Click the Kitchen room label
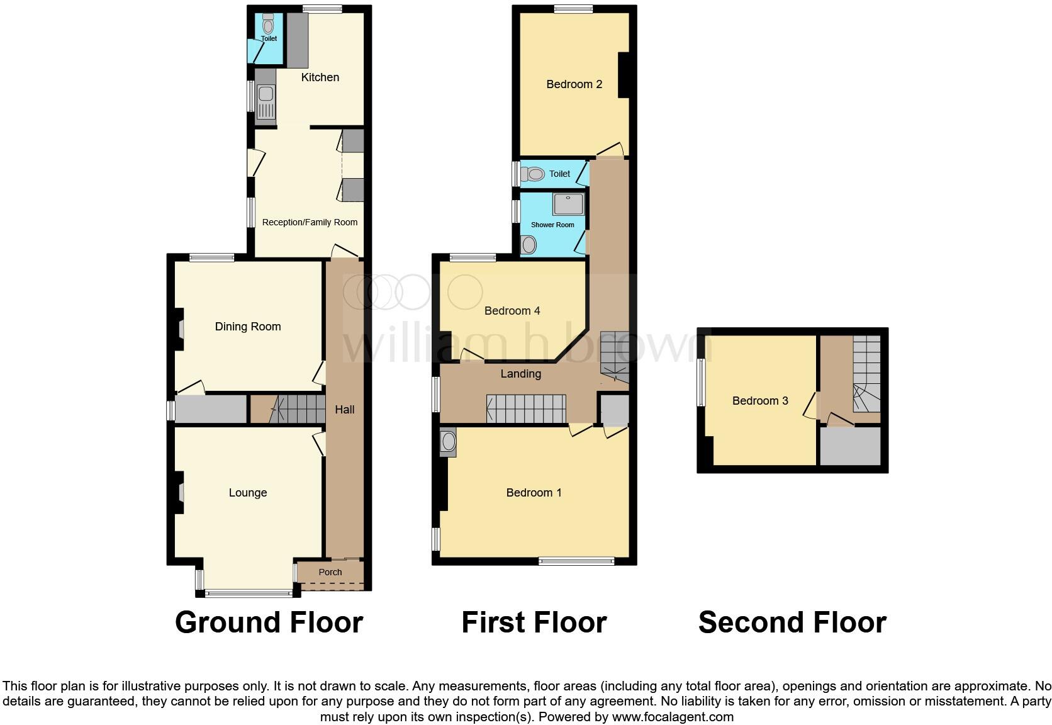coord(320,77)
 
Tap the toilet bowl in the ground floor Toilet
coord(269,25)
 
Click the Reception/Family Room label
coord(310,222)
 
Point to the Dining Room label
coord(248,327)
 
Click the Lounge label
coord(248,493)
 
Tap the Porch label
coord(330,572)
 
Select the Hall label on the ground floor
coord(345,410)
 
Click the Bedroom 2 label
coord(574,84)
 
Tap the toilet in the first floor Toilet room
coord(535,174)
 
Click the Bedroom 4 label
coord(512,311)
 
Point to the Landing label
coord(521,374)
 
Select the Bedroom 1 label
coord(534,493)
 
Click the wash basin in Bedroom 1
coord(448,442)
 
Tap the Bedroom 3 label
coord(760,401)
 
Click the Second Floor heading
coord(792,622)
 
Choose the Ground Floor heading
coord(269,622)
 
